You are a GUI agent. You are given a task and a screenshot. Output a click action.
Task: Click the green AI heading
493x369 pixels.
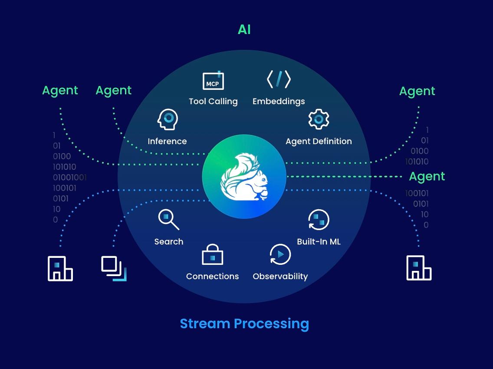(x=244, y=30)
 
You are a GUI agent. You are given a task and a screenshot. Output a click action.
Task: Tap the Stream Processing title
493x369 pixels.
(x=244, y=324)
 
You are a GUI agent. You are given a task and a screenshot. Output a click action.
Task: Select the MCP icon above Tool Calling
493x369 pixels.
(x=213, y=80)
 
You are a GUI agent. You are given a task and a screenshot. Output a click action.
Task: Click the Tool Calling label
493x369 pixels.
(x=213, y=101)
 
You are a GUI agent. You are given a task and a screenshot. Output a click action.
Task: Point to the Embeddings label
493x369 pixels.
(x=279, y=101)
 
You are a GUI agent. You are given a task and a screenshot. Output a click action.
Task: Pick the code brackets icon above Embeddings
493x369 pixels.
(x=279, y=79)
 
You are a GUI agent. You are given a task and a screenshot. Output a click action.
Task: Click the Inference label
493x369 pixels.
(x=167, y=141)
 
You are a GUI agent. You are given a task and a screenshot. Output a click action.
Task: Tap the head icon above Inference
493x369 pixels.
(x=168, y=119)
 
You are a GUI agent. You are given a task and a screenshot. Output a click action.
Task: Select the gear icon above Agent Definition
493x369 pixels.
(x=319, y=119)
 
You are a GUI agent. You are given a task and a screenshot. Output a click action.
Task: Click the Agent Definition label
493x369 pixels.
(x=319, y=141)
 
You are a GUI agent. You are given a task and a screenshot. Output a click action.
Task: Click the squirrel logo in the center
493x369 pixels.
(x=244, y=177)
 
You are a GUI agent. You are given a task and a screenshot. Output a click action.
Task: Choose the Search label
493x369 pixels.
(x=168, y=242)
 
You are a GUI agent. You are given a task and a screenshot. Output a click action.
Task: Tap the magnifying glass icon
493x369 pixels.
(x=168, y=220)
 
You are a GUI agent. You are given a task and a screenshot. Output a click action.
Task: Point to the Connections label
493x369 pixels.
(x=213, y=276)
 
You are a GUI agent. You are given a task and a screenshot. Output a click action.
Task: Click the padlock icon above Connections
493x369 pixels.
(x=212, y=254)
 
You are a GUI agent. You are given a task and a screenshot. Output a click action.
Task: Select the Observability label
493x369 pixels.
(x=280, y=277)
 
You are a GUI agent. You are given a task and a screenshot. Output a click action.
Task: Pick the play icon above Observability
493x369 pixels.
(x=280, y=254)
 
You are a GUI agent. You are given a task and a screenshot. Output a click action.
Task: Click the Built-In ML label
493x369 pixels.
(x=319, y=242)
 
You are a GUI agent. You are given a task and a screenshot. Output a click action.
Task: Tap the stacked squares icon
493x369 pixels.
(x=114, y=269)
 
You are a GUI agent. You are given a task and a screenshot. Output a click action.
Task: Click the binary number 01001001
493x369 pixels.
(x=69, y=178)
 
